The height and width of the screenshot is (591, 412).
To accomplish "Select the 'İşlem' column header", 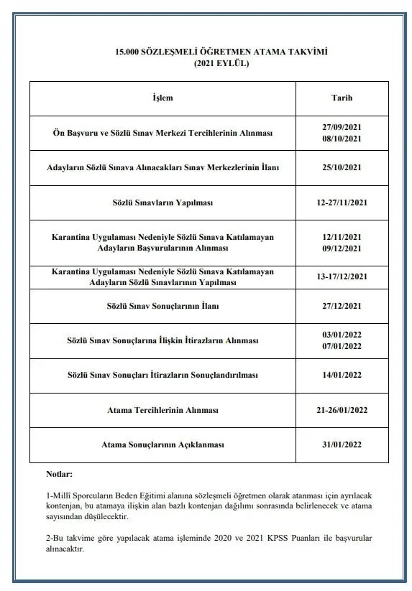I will [163, 98].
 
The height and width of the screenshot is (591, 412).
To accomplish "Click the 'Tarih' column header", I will [342, 98].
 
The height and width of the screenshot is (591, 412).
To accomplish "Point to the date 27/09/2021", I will [342, 127].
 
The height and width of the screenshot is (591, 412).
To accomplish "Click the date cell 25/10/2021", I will [342, 167].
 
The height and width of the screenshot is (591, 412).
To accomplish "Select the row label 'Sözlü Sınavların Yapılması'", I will [163, 203].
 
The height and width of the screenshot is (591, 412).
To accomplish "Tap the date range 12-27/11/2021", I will [342, 203].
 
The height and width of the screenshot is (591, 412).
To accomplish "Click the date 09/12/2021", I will [342, 248].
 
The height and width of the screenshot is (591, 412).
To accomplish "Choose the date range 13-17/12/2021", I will [342, 277].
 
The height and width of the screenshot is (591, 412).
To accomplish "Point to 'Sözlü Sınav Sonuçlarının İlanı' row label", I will [163, 306].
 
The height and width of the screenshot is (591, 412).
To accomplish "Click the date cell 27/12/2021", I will [342, 306].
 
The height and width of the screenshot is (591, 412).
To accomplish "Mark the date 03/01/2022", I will [342, 335].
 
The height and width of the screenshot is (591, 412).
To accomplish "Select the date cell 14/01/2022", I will [342, 375].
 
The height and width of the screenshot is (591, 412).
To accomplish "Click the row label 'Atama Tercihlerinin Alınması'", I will [163, 410].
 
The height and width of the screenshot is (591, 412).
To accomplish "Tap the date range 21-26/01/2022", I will [342, 410].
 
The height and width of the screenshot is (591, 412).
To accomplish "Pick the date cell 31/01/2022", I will [342, 445].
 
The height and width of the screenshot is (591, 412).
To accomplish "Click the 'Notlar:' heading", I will [59, 474].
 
